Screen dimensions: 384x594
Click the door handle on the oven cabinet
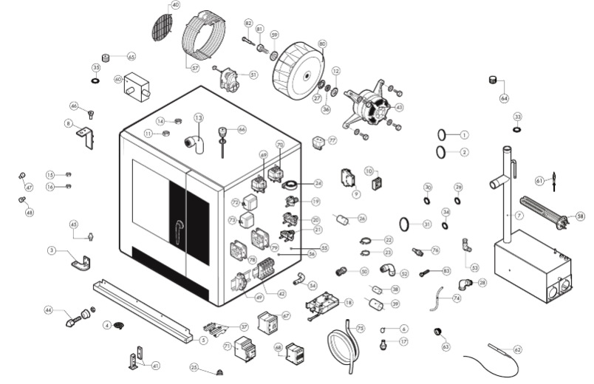pos(180,232)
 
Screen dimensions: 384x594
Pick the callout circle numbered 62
pos(517,349)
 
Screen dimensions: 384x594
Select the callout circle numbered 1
pos(464,134)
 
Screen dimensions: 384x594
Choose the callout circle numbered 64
pos(505,97)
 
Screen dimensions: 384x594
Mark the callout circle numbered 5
pos(203,340)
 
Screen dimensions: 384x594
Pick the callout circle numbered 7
pos(519,215)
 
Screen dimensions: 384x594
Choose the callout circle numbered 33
pos(517,117)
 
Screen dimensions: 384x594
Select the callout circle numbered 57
pos(195,68)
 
